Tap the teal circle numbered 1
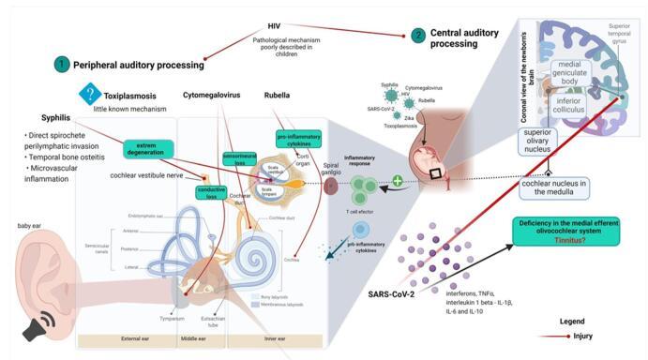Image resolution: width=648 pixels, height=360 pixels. coord(62,65)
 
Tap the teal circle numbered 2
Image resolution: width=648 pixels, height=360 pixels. coord(418,35)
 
